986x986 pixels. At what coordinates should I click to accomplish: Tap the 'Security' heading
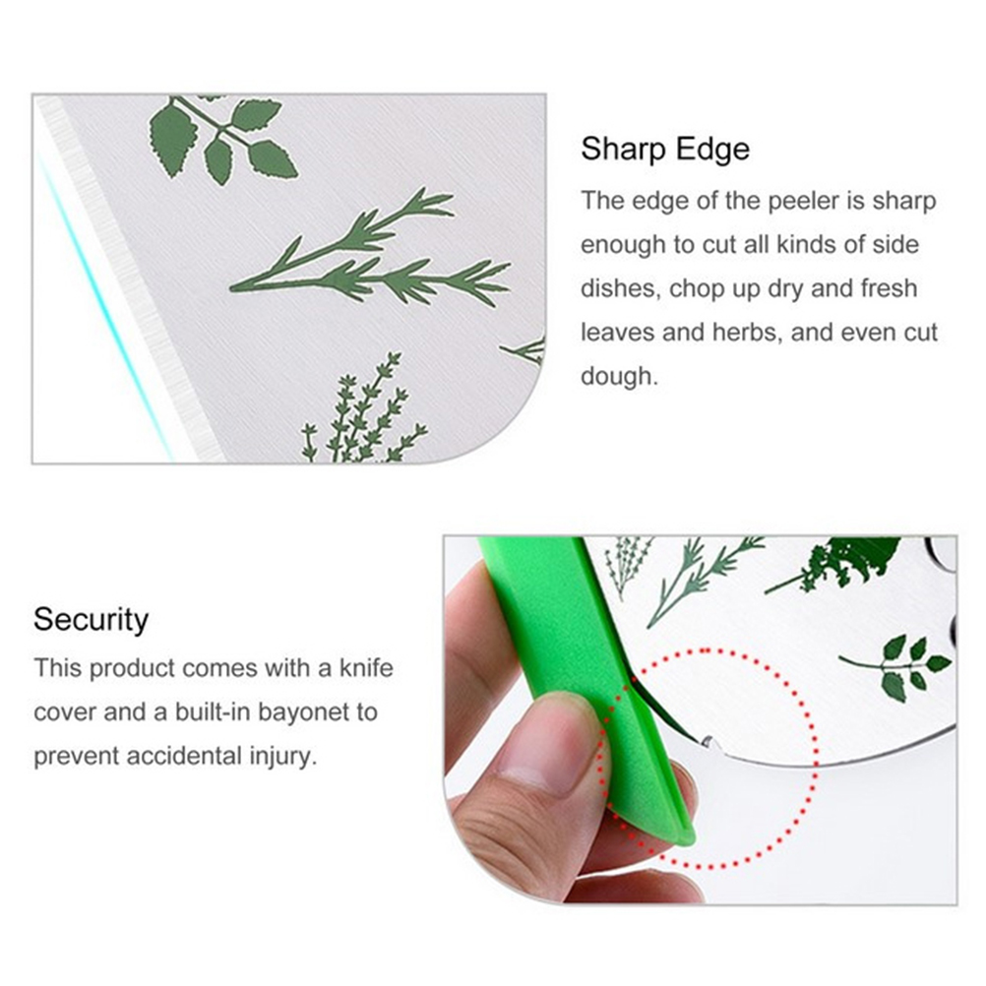pos(92,620)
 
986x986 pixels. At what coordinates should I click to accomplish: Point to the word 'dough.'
pos(619,377)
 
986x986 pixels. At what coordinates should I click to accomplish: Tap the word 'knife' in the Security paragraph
pos(366,668)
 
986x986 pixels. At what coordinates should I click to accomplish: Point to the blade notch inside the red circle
pos(709,742)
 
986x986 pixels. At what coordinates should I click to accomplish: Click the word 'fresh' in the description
pos(890,288)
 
